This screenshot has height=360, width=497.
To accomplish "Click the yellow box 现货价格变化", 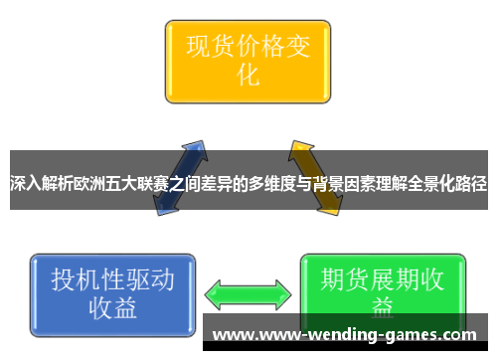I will click(x=247, y=59).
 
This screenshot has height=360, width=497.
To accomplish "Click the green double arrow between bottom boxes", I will click(x=248, y=293).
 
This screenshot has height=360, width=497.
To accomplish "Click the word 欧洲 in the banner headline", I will click(x=101, y=184).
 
